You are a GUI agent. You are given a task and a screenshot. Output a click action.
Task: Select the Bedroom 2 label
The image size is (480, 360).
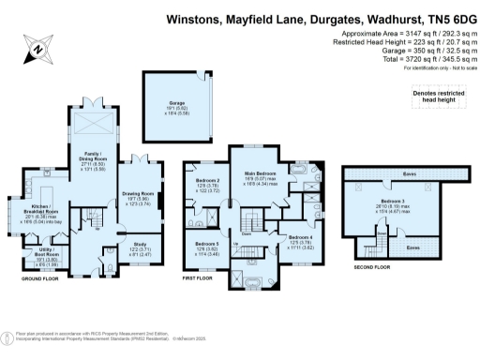coord(208,184)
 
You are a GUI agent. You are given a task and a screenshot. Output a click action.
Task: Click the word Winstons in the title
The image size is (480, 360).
coord(192,17)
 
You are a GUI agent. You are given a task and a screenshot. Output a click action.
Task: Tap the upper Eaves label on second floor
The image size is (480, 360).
coord(410,174)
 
